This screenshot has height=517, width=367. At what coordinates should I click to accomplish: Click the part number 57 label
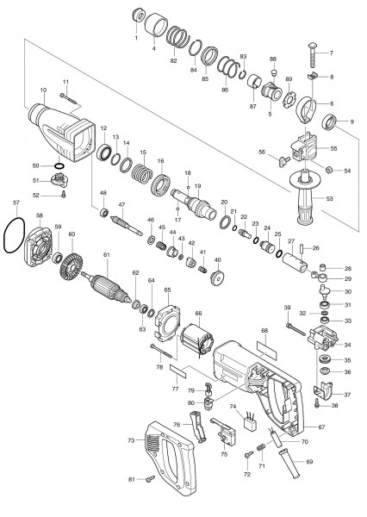16,204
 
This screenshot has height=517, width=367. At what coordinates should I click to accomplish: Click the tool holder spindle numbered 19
202,208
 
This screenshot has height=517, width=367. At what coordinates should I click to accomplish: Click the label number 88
273,59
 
